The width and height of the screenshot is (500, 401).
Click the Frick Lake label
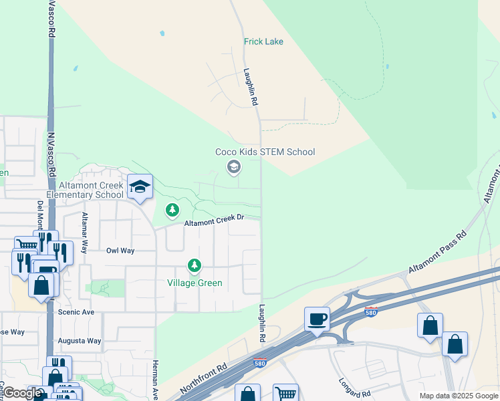tap(263, 41)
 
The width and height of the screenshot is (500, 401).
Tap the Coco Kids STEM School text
tap(265, 152)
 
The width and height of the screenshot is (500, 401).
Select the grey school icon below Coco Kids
tap(233, 166)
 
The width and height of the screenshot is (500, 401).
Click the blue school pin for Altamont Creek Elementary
tap(140, 187)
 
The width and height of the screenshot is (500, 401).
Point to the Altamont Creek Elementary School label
tap(91, 190)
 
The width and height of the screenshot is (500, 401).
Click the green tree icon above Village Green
tap(172, 211)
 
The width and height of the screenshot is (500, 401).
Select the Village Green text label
tap(195, 283)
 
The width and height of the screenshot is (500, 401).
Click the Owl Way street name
tap(120, 251)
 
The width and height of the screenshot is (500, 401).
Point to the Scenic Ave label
tap(76, 312)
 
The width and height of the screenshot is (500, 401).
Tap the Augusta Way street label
tap(80, 341)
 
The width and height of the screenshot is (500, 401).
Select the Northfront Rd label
tap(204, 378)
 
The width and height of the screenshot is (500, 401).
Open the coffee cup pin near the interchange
tap(317, 318)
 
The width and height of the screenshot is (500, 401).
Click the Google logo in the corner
tap(22, 394)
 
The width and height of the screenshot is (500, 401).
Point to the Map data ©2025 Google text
tap(459, 396)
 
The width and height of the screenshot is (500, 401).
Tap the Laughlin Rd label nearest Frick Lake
tap(251, 87)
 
